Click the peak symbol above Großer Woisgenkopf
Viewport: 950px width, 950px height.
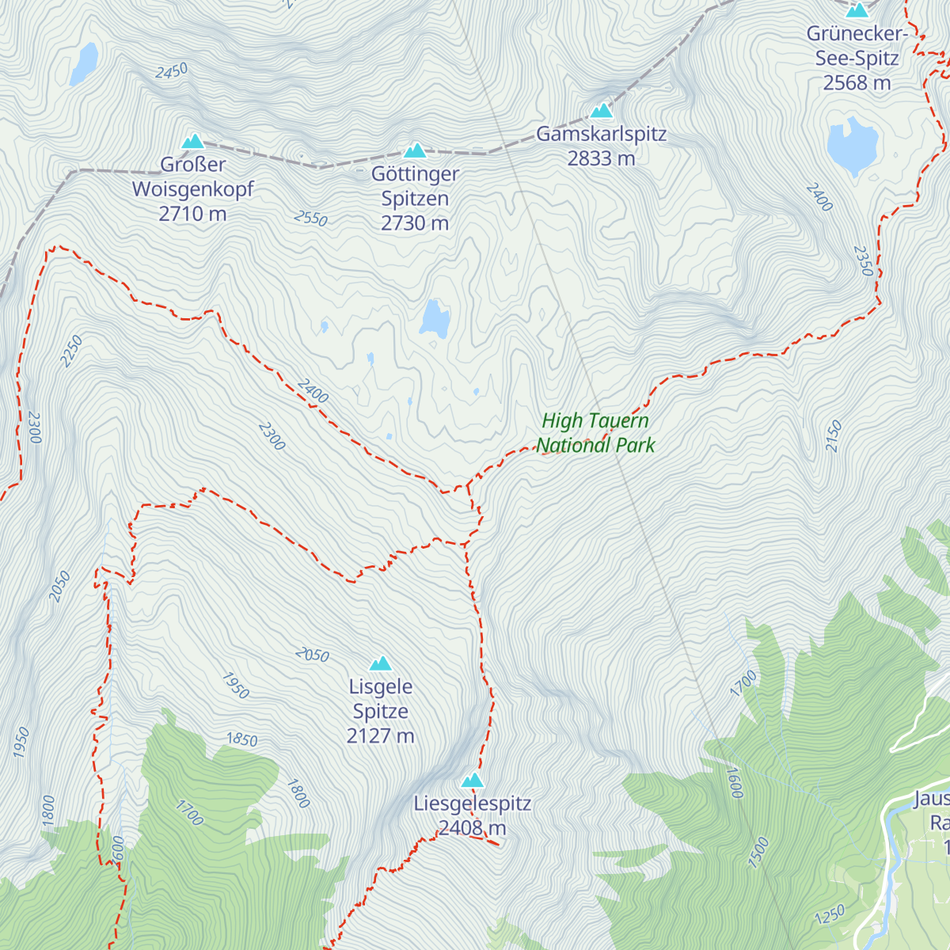click(192, 142)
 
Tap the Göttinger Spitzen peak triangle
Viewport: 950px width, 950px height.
click(415, 150)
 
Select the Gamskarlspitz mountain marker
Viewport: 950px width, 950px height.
click(602, 111)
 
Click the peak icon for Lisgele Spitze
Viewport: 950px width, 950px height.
click(381, 663)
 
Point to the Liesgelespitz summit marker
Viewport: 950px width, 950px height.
click(473, 781)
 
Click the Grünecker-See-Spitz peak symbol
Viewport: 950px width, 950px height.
click(857, 10)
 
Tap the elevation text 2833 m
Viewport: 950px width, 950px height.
click(601, 158)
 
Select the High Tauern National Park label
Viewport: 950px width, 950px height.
click(595, 433)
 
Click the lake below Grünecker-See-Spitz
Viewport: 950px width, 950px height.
click(853, 146)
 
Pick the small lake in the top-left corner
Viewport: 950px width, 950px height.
click(84, 63)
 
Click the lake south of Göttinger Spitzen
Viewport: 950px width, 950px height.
click(435, 318)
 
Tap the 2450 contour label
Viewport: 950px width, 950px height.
click(172, 71)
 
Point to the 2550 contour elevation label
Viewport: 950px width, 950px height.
click(310, 218)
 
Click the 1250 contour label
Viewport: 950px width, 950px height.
click(830, 915)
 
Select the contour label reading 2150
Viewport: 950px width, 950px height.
click(834, 436)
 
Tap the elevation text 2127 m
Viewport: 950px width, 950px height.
click(380, 736)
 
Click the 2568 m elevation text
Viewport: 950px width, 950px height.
click(857, 83)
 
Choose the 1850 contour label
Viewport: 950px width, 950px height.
click(242, 739)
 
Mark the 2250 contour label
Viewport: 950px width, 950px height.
click(71, 351)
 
